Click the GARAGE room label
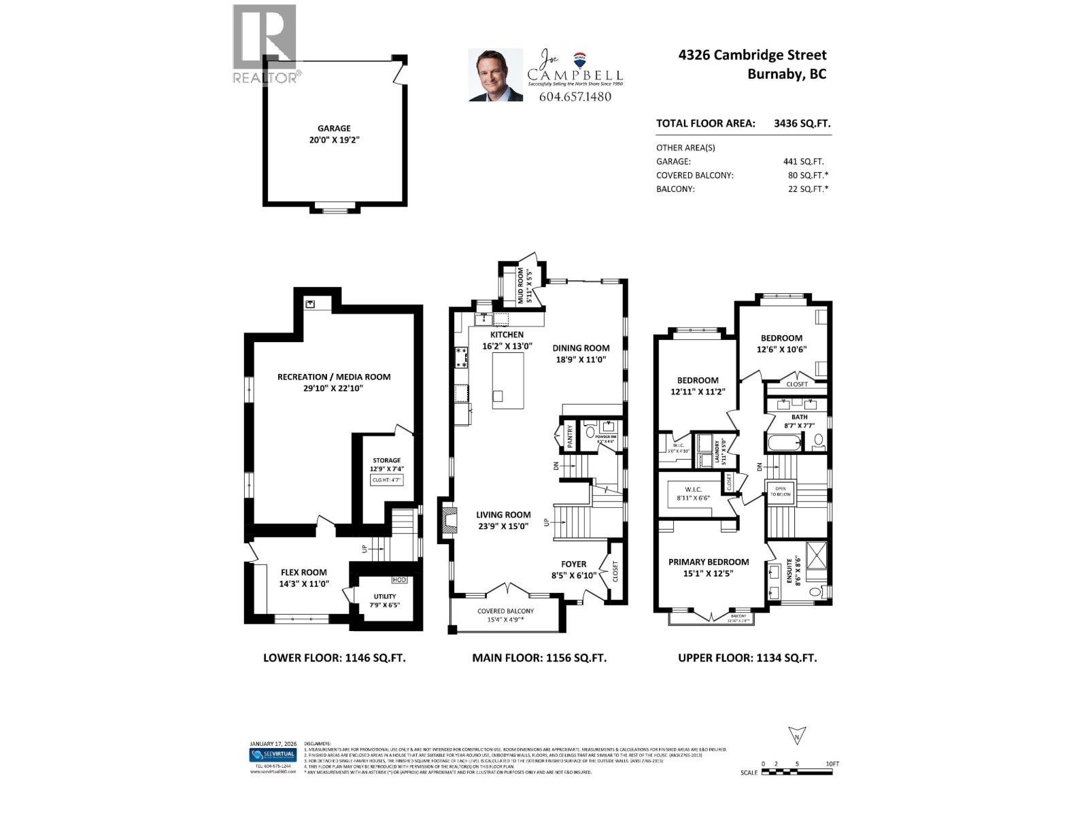334,129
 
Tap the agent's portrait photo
496,75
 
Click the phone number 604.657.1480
575,97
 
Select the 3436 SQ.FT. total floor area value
802,124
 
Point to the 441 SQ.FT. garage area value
803,162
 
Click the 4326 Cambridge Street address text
752,56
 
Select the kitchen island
508,381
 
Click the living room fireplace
449,522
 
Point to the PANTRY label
570,435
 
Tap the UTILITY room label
384,596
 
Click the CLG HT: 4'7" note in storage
387,480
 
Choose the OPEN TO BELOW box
779,492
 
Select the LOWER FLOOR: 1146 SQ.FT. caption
334,658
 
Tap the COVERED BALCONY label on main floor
505,611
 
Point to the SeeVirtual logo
273,755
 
